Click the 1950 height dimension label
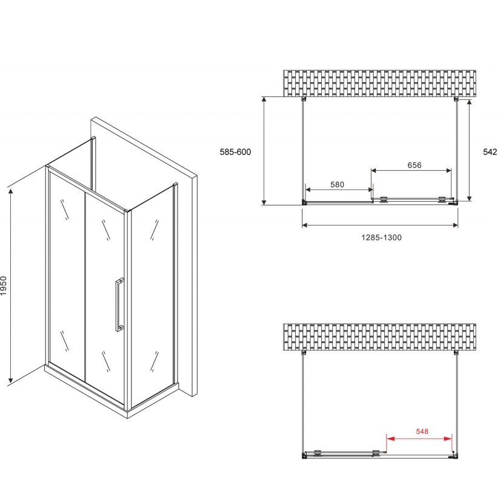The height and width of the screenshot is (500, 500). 4,285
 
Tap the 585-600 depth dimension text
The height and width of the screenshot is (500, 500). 235,152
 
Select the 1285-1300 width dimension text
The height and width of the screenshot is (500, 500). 381,238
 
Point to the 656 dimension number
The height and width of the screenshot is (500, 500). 414,165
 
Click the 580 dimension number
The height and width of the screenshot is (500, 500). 337,185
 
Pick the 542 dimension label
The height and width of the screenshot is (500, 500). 490,152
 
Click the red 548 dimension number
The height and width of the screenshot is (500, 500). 422,432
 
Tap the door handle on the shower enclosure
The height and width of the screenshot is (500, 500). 119,305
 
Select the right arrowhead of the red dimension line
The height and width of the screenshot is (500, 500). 448,439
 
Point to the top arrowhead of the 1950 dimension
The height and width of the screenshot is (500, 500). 11,192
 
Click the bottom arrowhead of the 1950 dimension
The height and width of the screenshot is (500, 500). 11,379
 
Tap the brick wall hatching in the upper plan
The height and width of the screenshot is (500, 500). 379,83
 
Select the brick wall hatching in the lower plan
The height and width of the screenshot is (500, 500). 379,337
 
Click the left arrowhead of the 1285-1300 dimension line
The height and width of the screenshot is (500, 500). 305,225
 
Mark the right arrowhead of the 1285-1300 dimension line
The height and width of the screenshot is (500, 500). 455,225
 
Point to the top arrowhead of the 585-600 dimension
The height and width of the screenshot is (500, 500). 264,99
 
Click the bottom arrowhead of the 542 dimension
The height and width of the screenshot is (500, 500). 469,198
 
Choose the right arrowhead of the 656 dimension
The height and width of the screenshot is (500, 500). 448,170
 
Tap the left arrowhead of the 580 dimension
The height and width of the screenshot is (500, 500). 308,190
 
